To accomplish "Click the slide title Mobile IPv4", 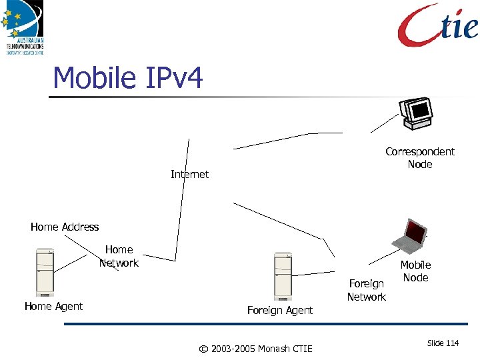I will point(127,78).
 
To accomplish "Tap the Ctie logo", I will point(438,25).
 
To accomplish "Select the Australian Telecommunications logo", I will point(25,27).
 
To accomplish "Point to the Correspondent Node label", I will point(420,158).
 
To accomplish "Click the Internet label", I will point(189,174).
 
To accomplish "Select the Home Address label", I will point(65,227).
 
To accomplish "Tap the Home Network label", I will point(119,256).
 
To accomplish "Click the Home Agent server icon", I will point(45,272).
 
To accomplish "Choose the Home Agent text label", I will point(53,306).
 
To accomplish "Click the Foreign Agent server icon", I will point(283,276).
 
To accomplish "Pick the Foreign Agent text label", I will point(279,310).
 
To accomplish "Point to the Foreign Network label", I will point(367,290).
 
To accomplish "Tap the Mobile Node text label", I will point(415,271).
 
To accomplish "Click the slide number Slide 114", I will point(443,343).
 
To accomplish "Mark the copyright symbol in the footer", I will point(204,348).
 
